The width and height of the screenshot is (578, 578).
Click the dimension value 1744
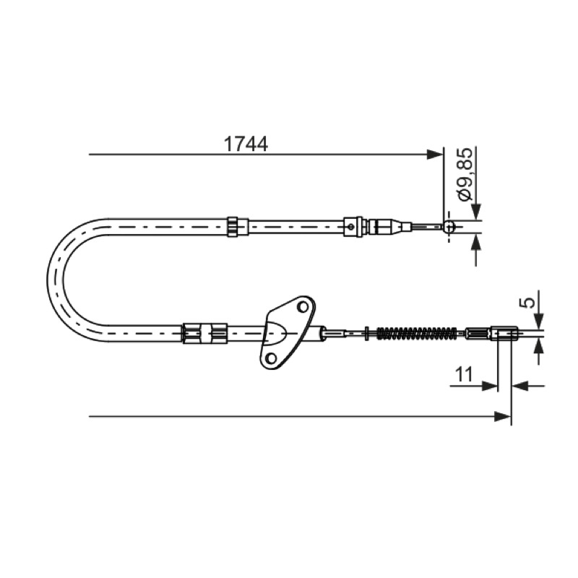246,144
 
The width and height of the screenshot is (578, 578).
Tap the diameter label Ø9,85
465,174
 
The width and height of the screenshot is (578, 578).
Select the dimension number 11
464,375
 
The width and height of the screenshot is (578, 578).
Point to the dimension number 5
529,303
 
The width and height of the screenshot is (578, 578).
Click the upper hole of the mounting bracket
303,306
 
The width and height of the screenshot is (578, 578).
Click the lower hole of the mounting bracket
271,357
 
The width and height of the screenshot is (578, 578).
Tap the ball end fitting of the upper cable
449,226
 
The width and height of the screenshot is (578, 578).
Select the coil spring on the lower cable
417,333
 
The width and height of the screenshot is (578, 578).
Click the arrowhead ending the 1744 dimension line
434,155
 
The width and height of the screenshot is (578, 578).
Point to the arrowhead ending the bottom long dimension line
502,417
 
